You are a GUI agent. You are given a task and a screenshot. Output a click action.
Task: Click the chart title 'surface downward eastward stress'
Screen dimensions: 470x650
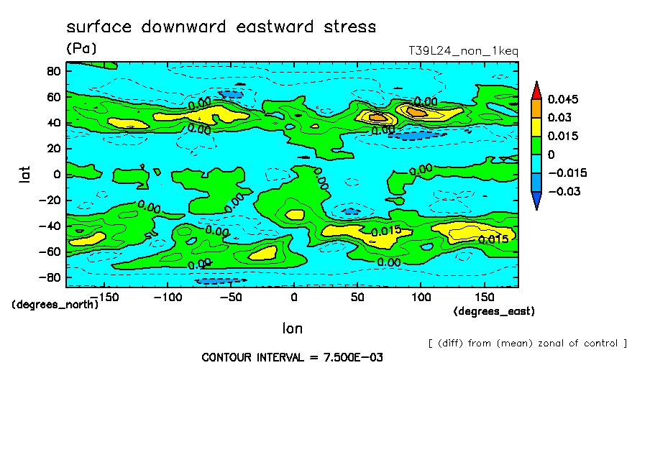click(221, 27)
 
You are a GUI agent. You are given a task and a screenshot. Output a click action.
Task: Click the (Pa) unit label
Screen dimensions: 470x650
click(81, 49)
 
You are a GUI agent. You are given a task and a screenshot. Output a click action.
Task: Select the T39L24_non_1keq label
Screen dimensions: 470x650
click(463, 51)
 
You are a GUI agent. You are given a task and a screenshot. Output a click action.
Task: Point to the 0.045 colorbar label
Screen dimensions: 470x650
click(563, 99)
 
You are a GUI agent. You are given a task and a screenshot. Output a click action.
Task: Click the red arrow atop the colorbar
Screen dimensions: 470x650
click(536, 89)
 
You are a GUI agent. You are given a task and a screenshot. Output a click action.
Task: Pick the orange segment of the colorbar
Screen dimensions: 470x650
click(536, 108)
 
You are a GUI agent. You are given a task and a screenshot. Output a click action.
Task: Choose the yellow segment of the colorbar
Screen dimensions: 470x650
click(536, 126)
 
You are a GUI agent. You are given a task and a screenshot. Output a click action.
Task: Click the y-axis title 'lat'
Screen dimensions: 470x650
click(24, 173)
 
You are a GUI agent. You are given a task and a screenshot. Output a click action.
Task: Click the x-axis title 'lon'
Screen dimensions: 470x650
click(292, 328)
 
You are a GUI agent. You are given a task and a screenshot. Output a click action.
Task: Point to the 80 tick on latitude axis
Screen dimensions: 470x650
click(52, 70)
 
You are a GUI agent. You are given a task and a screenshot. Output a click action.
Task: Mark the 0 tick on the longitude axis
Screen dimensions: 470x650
click(293, 297)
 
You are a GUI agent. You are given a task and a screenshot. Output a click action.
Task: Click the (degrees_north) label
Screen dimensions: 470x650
click(55, 305)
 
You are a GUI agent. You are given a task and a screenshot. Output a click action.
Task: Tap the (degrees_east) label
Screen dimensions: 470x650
click(494, 311)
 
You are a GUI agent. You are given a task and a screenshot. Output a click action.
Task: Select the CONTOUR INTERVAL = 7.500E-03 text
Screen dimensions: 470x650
click(292, 357)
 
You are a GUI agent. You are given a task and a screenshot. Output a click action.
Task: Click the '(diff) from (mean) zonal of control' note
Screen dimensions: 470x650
click(527, 344)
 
